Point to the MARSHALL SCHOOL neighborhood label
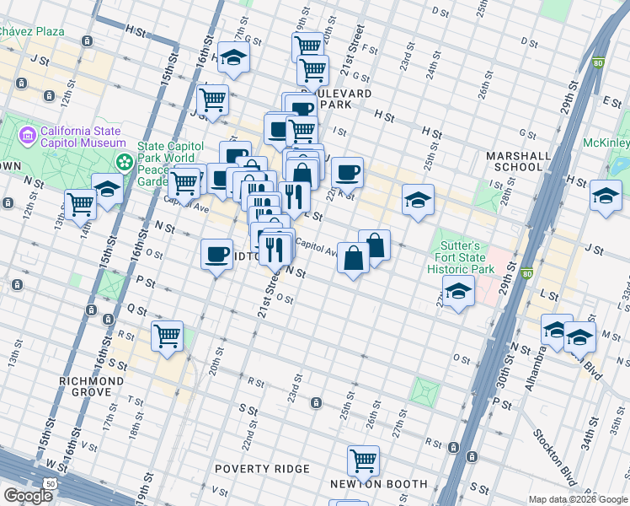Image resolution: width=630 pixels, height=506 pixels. (514, 161)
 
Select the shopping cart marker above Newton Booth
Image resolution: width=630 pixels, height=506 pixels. (363, 460)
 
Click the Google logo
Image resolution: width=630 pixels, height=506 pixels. (28, 496)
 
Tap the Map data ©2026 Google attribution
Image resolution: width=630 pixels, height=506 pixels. (577, 499)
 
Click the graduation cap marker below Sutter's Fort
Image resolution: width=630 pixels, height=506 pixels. (457, 293)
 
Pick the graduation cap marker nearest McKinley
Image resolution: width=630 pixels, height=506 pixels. (606, 196)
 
